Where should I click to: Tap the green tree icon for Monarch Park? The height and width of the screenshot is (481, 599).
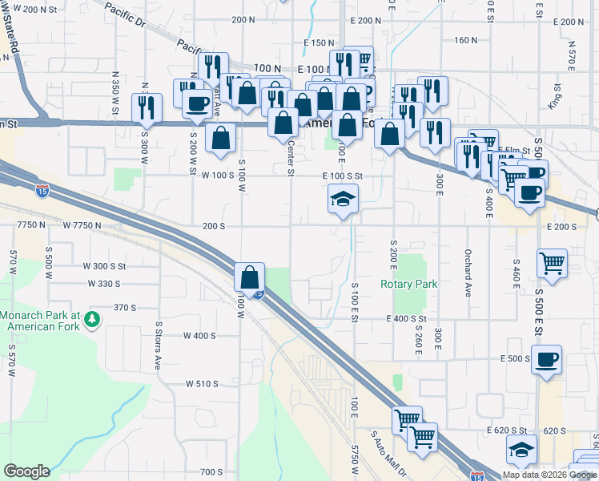click(93, 320)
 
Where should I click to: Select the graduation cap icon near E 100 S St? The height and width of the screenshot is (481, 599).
click(343, 200)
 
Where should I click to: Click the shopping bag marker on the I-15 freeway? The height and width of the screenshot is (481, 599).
click(250, 277)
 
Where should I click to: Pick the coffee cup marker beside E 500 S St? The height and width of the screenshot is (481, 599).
click(546, 360)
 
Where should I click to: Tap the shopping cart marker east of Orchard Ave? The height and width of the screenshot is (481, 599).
click(552, 262)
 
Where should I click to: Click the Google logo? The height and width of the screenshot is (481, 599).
click(27, 471)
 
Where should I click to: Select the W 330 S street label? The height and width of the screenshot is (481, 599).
click(102, 284)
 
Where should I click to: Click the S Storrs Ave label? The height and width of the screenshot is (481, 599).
click(159, 346)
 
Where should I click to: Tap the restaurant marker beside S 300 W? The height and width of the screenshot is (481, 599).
click(147, 107)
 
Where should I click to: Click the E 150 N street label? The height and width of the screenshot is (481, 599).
click(318, 42)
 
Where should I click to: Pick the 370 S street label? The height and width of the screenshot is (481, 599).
click(126, 307)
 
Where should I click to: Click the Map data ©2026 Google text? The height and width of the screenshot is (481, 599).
click(550, 475)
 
